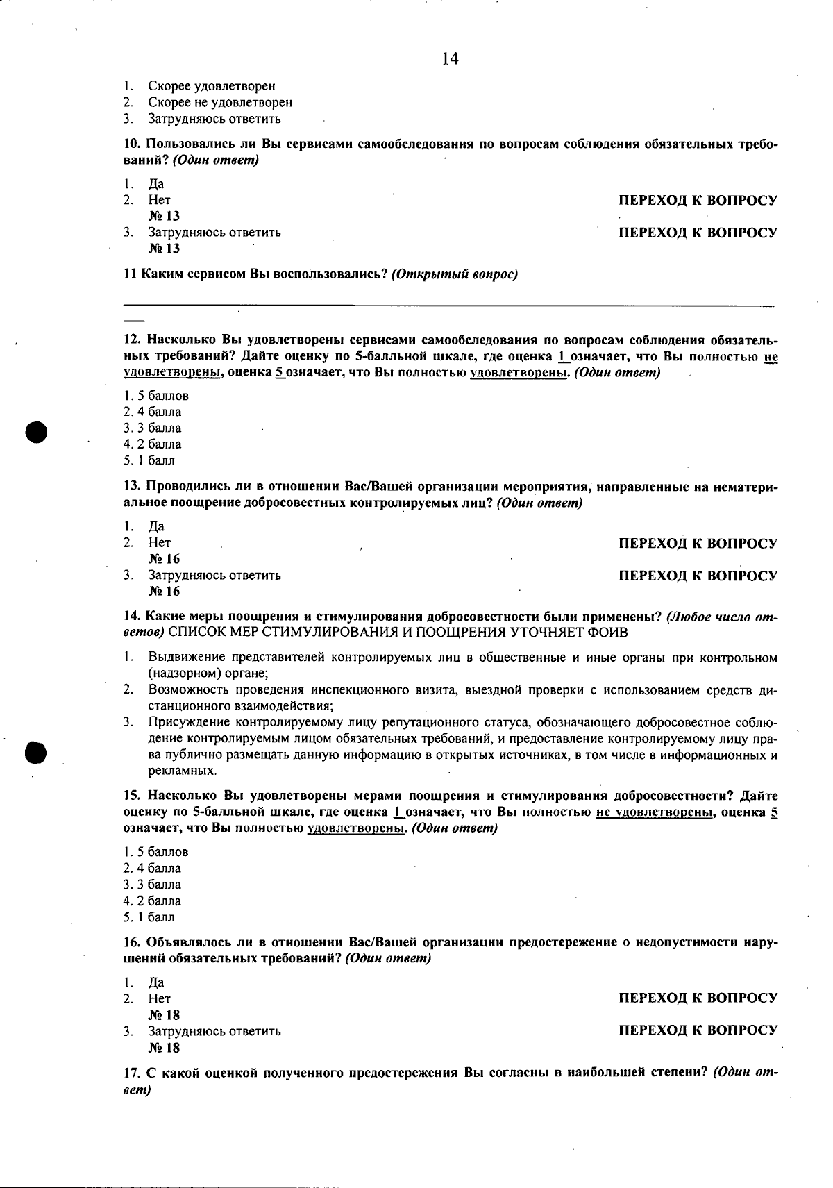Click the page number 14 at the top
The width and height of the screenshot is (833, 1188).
pos(450,59)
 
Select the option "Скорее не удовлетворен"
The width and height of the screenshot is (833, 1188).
pos(219,103)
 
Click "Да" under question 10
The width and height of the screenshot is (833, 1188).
pos(156,184)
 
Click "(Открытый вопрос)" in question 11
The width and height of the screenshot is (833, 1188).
pos(455,274)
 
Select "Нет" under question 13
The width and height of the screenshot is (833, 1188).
pos(159,543)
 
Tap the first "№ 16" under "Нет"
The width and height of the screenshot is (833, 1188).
pos(164,559)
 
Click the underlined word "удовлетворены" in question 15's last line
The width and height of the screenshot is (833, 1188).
pos(355,828)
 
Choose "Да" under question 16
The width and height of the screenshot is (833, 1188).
pos(156,982)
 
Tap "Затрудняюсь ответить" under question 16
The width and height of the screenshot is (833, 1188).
pos(214,1031)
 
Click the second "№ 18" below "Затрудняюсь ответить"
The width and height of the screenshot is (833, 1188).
pos(164,1048)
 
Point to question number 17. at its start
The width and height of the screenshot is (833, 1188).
pos(133,1073)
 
